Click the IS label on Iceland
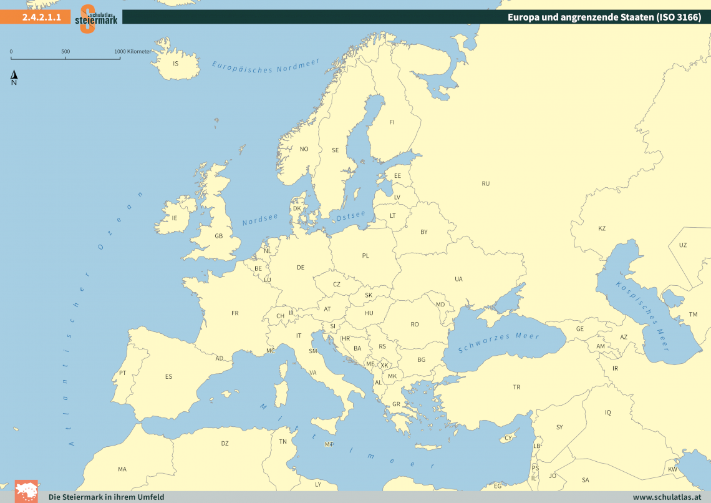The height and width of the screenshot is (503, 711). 175,64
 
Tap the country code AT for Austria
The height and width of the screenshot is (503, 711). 327,309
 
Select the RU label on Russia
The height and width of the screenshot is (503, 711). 486,183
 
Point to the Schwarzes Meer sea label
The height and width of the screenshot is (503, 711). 498,343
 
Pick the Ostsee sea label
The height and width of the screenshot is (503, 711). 351,215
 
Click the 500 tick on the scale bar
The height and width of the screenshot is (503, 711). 65,52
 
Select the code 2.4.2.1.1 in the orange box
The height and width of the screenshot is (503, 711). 41,17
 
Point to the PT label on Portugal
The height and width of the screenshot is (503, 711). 123,373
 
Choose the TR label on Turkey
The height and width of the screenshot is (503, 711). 516,388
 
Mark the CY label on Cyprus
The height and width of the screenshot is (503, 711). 508,438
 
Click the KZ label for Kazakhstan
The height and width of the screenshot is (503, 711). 602,228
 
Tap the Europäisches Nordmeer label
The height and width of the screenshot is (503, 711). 266,66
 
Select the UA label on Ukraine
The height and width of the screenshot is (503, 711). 458,279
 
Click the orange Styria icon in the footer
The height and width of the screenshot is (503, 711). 26,491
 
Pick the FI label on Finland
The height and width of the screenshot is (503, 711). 392,122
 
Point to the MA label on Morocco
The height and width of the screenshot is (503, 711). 122,469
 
